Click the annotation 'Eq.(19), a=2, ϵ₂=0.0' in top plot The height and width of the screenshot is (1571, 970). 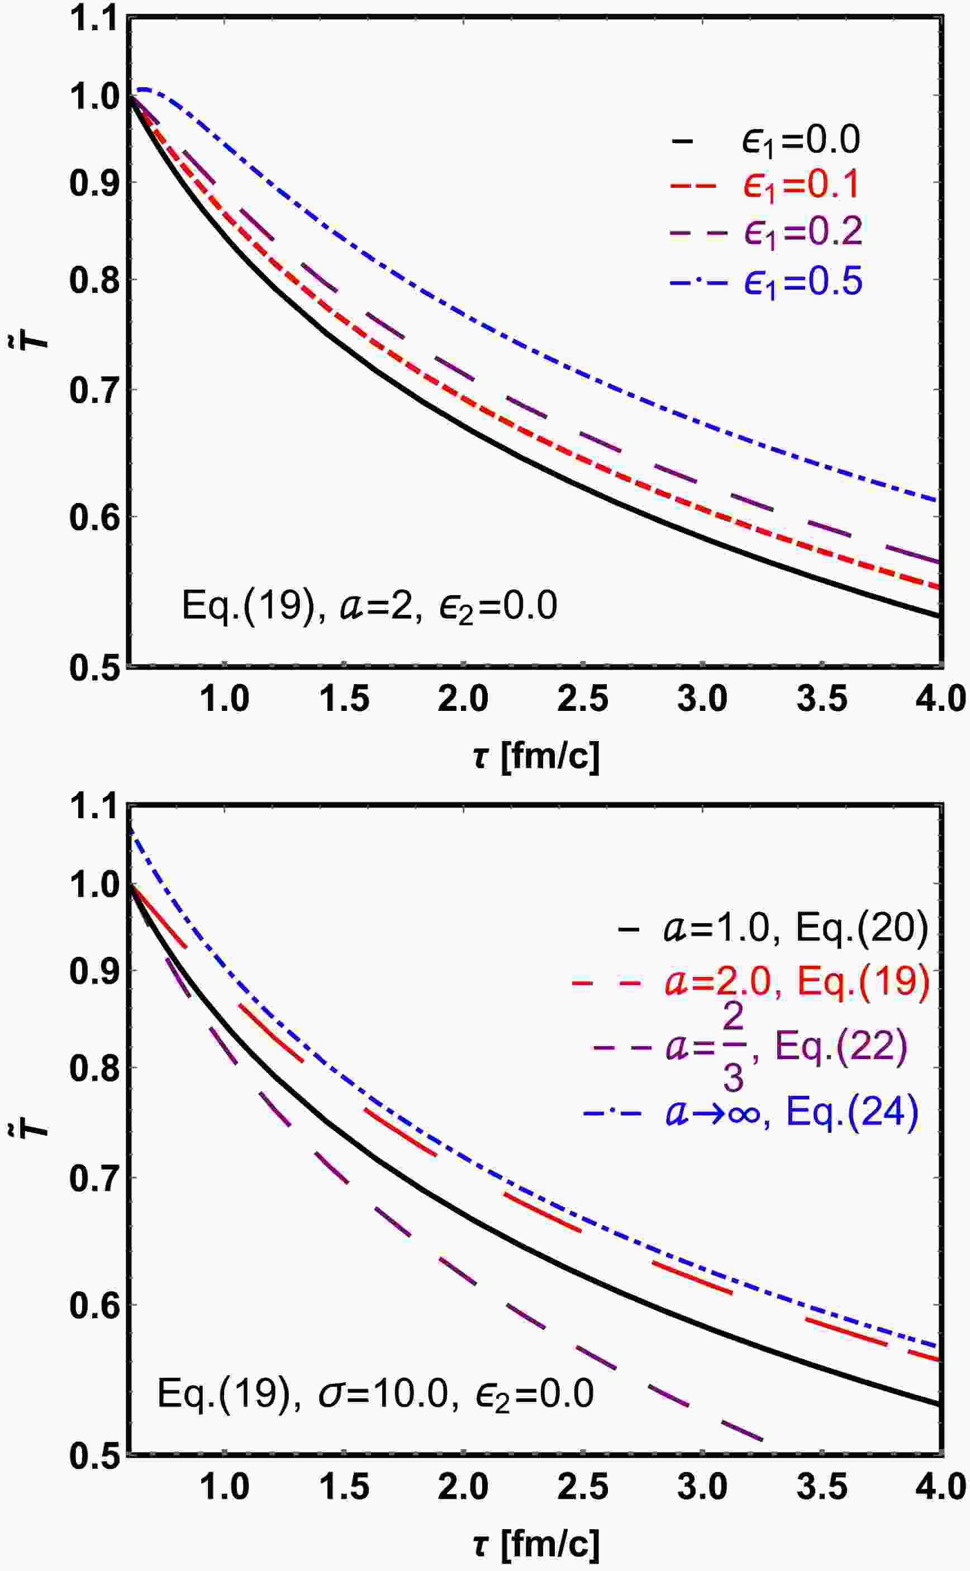pos(369,606)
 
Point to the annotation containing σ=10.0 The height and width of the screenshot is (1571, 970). pos(376,1393)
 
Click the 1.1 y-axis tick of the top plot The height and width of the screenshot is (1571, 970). pos(94,19)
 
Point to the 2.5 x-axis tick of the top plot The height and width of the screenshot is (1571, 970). pos(583,698)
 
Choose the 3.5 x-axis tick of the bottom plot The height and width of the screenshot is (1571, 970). pos(822,1485)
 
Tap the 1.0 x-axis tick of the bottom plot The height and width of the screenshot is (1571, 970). pos(224,1485)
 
